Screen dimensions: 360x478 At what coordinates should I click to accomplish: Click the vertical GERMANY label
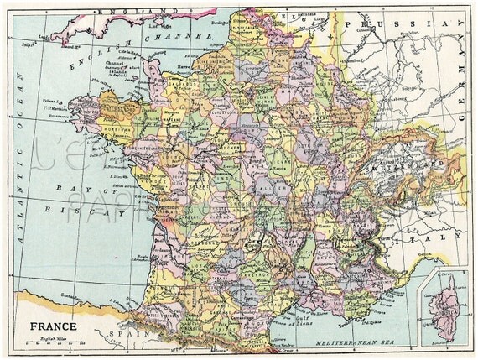click(464, 108)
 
